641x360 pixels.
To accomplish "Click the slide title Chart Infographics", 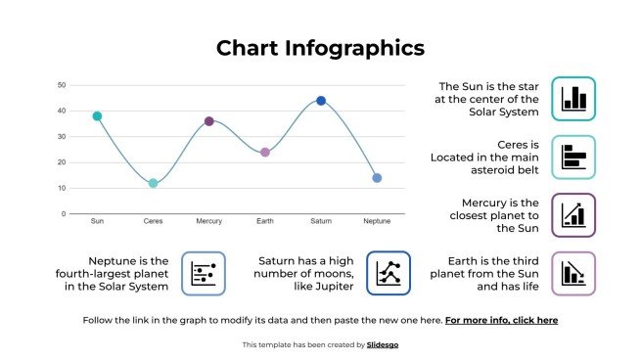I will [320, 48].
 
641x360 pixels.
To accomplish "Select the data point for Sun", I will [97, 116].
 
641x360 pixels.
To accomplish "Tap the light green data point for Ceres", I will [153, 183].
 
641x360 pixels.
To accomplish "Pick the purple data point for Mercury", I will [208, 121].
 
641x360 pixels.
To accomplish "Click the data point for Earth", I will [264, 153].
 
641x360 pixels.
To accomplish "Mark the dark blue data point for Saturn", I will [321, 101].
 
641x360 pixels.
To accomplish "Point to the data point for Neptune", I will [377, 178].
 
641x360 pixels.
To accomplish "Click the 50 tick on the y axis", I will [62, 85].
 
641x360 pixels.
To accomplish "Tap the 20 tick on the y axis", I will [62, 162].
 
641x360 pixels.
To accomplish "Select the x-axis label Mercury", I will [208, 222].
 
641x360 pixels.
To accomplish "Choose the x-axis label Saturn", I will [321, 222].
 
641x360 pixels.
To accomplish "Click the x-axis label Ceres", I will [153, 222].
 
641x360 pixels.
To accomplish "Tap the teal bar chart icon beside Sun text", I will [573, 98].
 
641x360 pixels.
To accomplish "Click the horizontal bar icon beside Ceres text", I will [573, 157].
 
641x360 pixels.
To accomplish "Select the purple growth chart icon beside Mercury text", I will [573, 215].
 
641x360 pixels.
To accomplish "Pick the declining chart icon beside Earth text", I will [573, 273].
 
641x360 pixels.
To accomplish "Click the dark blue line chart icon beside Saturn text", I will [389, 273].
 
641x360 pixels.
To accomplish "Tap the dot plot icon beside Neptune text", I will [204, 273].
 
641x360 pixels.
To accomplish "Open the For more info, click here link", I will [501, 320].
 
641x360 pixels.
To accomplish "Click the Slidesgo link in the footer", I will [385, 344].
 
